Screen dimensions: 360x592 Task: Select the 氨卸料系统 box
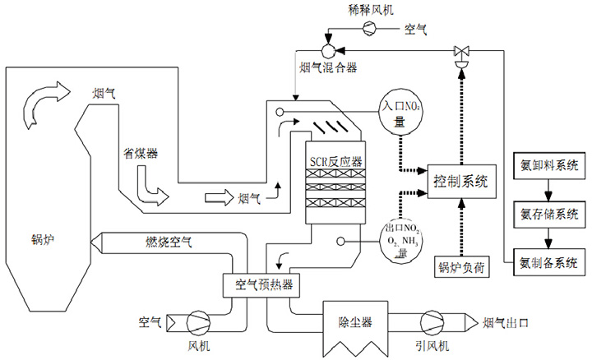coord(548,165)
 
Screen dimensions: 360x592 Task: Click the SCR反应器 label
coord(334,162)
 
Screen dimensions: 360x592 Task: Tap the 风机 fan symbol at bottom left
coord(198,321)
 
